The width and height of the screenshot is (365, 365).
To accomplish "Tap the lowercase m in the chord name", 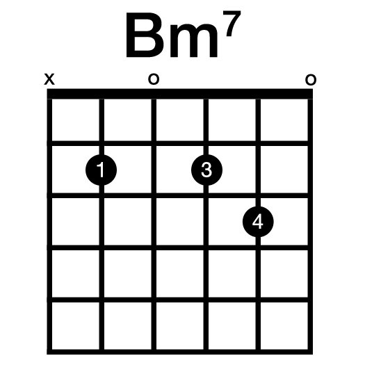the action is click(194, 40).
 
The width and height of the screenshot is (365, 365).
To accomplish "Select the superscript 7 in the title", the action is click(232, 23).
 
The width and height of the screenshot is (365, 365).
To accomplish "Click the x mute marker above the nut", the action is click(49, 79).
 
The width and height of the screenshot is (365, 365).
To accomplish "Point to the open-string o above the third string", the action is click(154, 79).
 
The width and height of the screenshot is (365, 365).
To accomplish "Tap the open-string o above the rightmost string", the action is click(311, 80).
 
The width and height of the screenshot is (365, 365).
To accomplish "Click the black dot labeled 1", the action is click(102, 170).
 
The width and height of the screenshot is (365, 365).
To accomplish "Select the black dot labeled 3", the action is click(206, 170).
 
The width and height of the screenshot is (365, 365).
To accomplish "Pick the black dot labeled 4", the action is click(258, 222).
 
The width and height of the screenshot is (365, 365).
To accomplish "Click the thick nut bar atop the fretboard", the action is click(179, 94).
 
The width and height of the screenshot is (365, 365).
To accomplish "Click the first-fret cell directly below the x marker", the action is click(76, 120).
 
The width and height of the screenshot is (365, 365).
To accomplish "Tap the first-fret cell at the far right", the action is click(284, 120).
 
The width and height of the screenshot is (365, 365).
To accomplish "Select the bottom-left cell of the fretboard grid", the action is click(76, 326).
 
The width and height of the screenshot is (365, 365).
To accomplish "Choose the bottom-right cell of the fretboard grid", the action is click(284, 326).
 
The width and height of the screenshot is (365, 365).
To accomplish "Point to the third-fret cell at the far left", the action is click(76, 222).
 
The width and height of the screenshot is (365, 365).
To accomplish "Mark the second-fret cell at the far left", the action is click(76, 170).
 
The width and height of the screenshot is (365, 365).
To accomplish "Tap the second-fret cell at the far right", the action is click(284, 170).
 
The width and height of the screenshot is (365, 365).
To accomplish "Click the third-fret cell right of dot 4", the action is click(284, 222).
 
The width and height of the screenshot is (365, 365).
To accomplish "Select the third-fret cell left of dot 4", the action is click(232, 222).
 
